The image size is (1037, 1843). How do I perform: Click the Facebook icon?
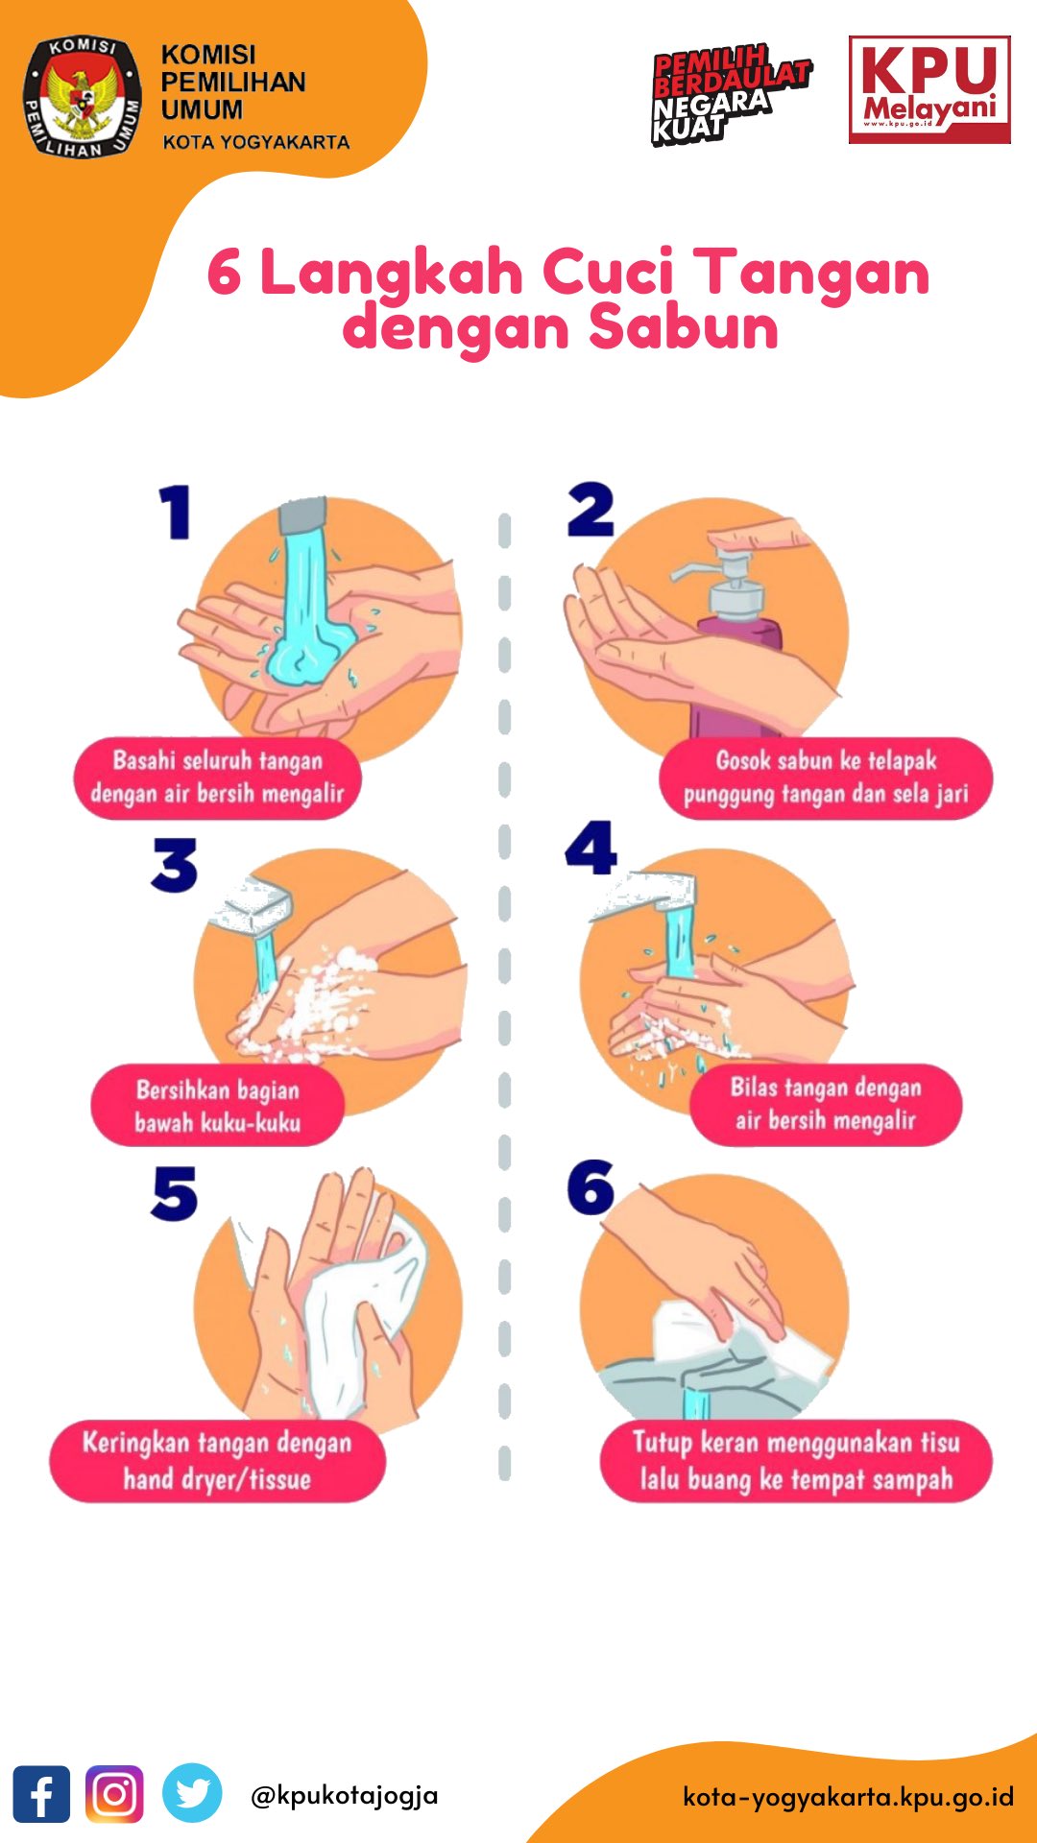point(41,1793)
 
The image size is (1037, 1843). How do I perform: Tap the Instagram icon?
point(114,1793)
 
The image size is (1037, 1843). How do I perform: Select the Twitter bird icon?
point(192,1792)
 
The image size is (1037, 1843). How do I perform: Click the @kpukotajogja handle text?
point(344,1795)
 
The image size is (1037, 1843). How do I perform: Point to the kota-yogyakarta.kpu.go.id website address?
point(848,1796)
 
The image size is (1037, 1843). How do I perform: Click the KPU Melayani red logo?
point(929,89)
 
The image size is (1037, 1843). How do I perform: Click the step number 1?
point(176,512)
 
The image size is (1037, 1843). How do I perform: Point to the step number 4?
point(591,848)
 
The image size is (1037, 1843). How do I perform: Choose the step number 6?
point(591,1186)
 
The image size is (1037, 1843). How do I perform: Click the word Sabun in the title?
point(683,327)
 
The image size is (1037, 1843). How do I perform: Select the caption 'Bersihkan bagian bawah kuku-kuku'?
point(218,1106)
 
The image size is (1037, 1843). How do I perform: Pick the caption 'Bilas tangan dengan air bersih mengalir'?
point(826,1104)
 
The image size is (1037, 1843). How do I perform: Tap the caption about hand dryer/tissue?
point(217,1461)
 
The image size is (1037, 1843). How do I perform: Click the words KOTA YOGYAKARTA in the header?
point(255,142)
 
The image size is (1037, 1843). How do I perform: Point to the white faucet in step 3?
point(252,907)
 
